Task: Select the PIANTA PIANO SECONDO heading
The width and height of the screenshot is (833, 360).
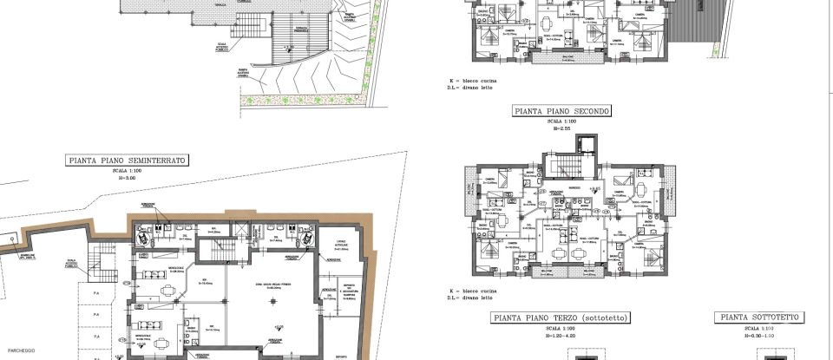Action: (x=562, y=111)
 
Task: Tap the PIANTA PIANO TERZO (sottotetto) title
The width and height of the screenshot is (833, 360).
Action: (x=560, y=317)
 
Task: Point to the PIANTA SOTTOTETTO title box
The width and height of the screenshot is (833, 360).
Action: (x=760, y=317)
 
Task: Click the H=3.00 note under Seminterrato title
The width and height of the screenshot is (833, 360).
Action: (x=128, y=178)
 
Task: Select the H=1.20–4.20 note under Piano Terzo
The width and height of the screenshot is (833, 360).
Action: (x=560, y=335)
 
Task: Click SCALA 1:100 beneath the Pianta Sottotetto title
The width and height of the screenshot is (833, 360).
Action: (x=760, y=328)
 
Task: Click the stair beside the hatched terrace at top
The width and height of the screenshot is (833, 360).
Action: (x=299, y=36)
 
